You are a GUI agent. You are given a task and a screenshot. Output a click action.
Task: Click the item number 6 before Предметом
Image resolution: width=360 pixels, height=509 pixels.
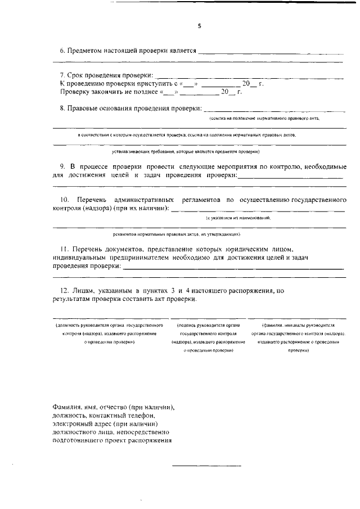(62, 51)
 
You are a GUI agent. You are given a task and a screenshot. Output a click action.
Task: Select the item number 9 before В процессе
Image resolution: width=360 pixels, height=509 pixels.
(62, 167)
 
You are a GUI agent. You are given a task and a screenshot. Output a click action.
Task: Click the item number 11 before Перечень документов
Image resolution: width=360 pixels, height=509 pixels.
(64, 248)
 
